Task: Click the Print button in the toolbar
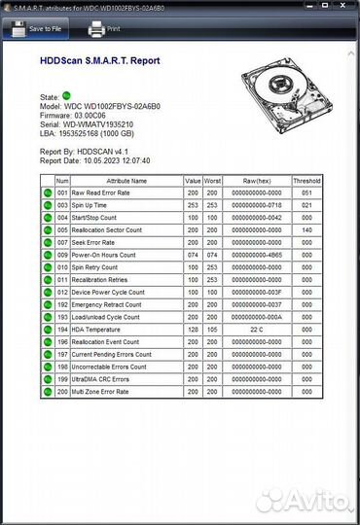click(x=104, y=29)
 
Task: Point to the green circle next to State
click(x=67, y=97)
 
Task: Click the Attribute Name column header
click(x=126, y=181)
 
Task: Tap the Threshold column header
click(x=306, y=181)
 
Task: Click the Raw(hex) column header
click(x=256, y=181)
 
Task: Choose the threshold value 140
click(x=306, y=229)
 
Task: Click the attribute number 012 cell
click(x=62, y=292)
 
